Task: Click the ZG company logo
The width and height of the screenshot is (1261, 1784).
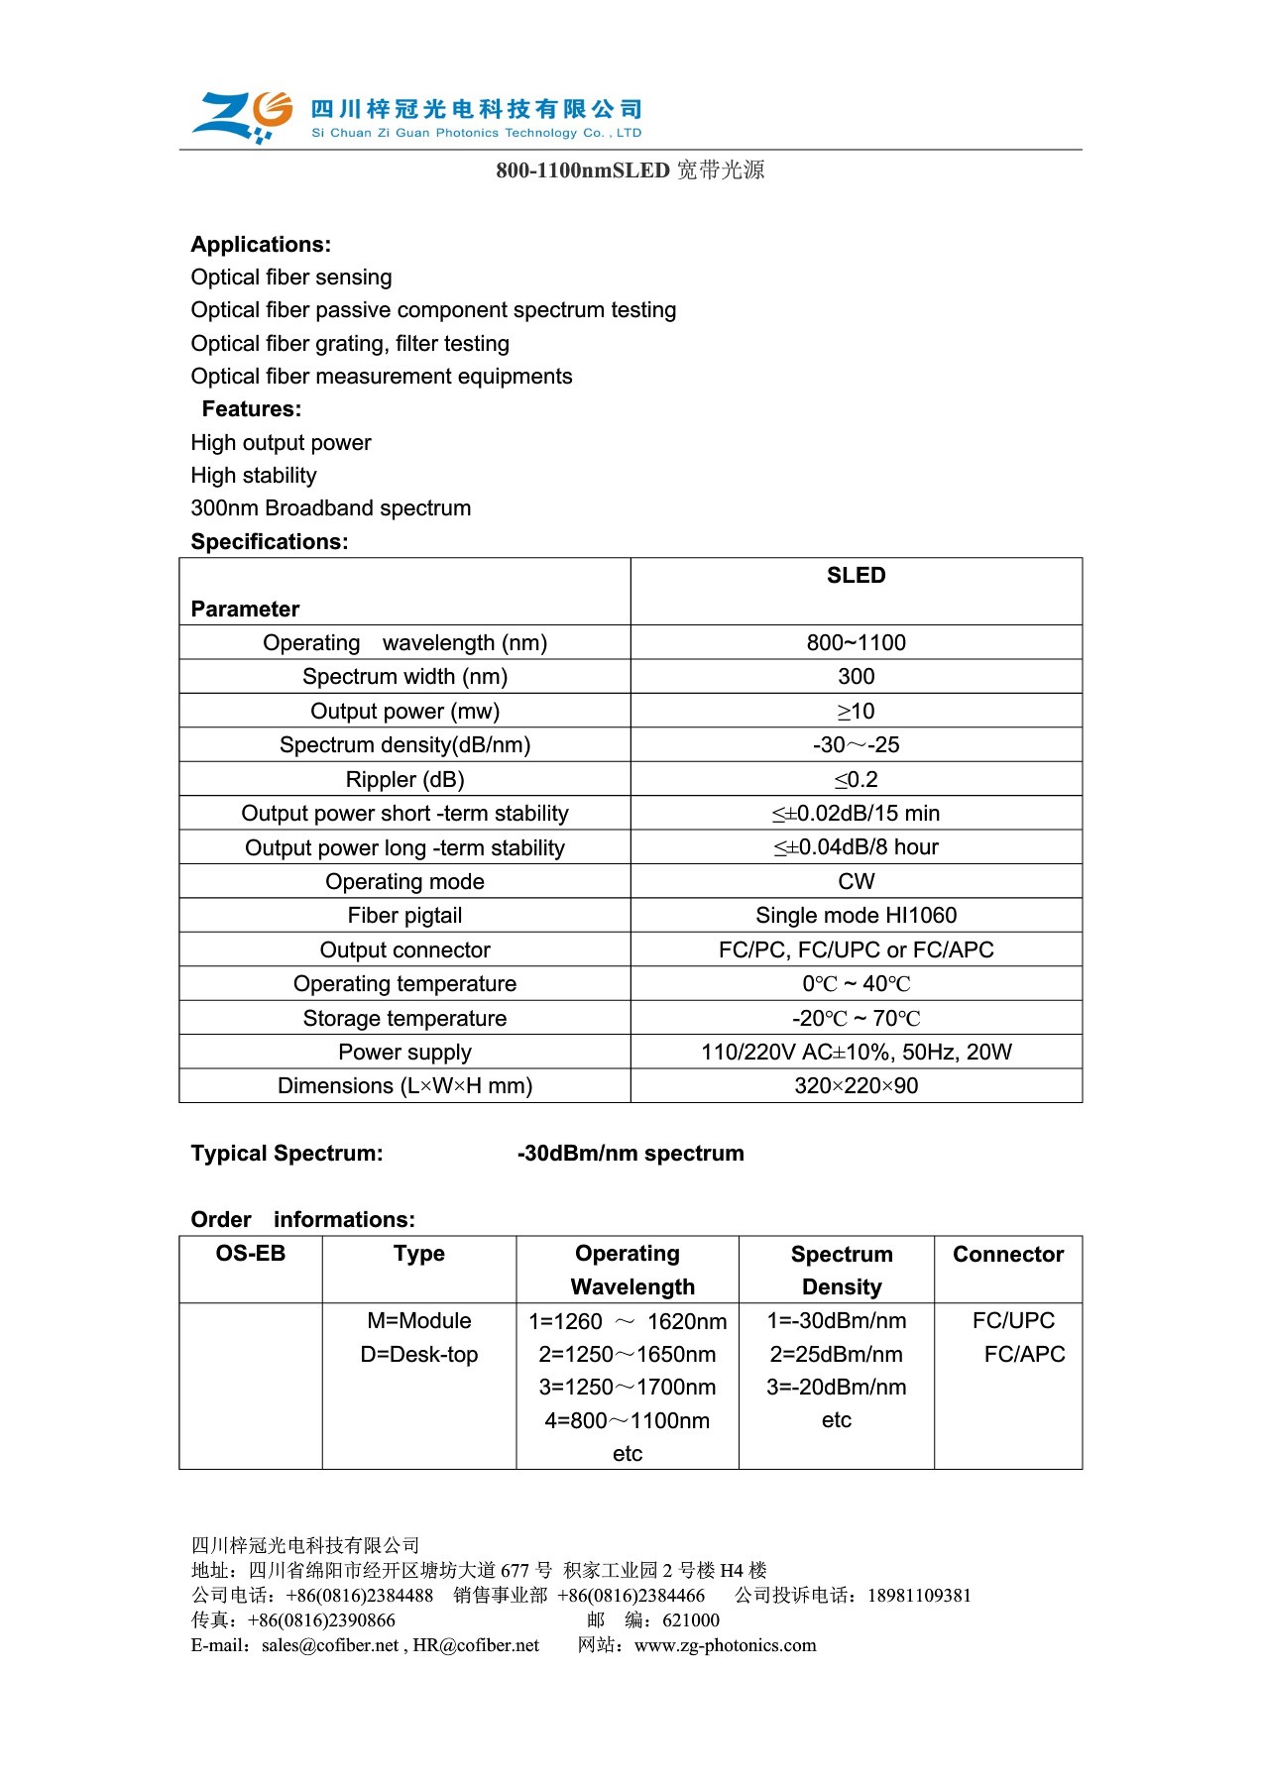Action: click(x=243, y=117)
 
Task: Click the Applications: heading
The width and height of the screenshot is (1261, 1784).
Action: click(x=261, y=245)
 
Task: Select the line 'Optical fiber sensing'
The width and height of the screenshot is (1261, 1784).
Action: click(x=291, y=278)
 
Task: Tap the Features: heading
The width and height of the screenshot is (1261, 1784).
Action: click(x=252, y=409)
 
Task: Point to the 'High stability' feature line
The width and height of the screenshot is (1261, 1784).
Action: click(x=254, y=476)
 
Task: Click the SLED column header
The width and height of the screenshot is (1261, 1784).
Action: click(x=856, y=576)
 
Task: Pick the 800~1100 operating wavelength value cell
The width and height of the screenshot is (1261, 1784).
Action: click(x=856, y=643)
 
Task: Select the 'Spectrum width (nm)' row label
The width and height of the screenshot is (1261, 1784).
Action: click(x=404, y=677)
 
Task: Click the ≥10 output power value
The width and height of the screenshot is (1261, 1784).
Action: click(x=856, y=712)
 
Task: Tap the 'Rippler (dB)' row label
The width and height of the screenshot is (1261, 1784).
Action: click(x=404, y=780)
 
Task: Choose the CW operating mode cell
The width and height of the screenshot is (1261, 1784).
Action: click(x=856, y=882)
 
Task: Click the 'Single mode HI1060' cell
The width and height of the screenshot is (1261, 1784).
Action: click(x=856, y=916)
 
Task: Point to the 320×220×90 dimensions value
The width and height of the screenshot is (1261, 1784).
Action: click(x=856, y=1086)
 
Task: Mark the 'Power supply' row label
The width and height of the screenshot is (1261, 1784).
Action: click(x=404, y=1053)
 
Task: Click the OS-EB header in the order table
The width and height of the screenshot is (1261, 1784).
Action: click(x=251, y=1254)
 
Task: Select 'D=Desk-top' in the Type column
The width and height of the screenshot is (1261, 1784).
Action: click(x=419, y=1355)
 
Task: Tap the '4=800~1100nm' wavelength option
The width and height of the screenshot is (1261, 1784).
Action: click(x=628, y=1421)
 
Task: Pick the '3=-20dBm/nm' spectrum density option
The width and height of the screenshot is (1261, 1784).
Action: click(x=837, y=1388)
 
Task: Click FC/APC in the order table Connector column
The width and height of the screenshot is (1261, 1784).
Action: click(x=1024, y=1355)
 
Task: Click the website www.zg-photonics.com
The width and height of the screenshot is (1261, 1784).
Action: click(x=726, y=1646)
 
